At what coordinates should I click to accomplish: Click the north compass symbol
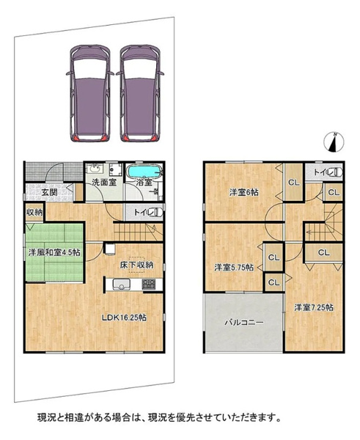pyautogui.click(x=334, y=142)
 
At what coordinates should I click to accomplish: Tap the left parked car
pyautogui.click(x=89, y=93)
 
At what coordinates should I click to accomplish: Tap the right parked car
pyautogui.click(x=140, y=93)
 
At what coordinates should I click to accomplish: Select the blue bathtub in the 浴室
pyautogui.click(x=144, y=171)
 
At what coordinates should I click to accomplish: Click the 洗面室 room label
pyautogui.click(x=104, y=183)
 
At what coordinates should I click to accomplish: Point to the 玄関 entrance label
pyautogui.click(x=50, y=192)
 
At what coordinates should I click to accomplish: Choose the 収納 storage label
pyautogui.click(x=34, y=213)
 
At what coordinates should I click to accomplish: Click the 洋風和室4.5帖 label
pyautogui.click(x=54, y=252)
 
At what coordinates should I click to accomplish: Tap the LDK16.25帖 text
pyautogui.click(x=124, y=318)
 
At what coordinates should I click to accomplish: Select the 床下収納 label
pyautogui.click(x=136, y=265)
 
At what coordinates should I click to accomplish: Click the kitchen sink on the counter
pyautogui.click(x=122, y=285)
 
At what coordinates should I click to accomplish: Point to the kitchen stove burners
pyautogui.click(x=148, y=285)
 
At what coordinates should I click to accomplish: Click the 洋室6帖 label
pyautogui.click(x=244, y=192)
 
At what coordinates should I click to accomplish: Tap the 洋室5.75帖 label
pyautogui.click(x=234, y=268)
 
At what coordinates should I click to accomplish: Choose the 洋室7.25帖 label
pyautogui.click(x=314, y=307)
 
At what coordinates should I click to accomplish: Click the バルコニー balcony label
pyautogui.click(x=244, y=323)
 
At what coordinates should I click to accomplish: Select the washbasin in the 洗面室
pyautogui.click(x=95, y=169)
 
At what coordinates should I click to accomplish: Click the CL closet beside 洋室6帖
pyautogui.click(x=294, y=183)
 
